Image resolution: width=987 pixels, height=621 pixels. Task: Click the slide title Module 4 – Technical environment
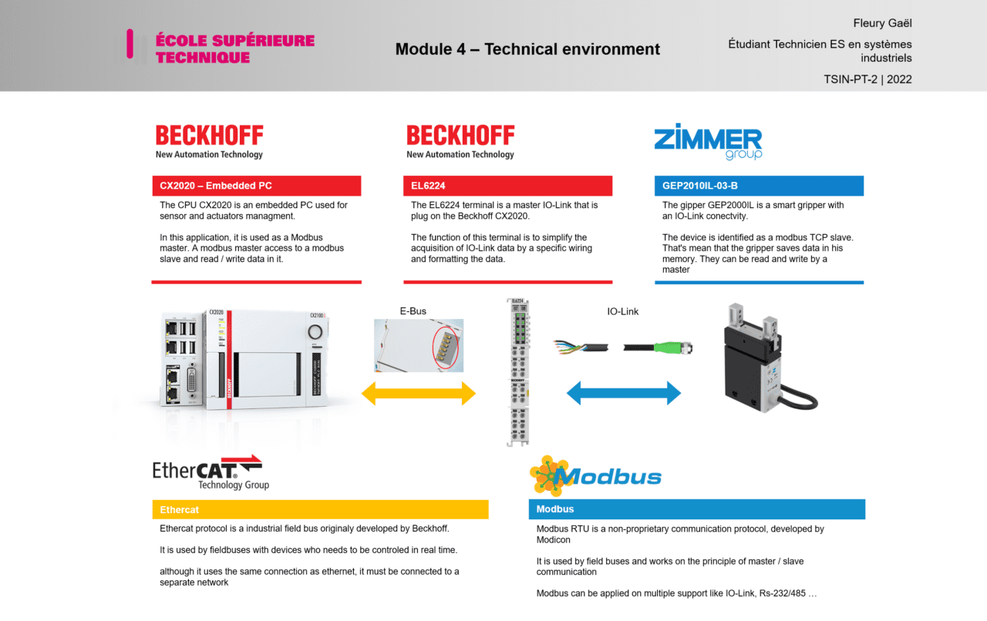(527, 49)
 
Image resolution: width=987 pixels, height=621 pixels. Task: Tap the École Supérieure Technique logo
(221, 48)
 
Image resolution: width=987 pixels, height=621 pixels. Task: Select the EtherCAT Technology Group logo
(211, 472)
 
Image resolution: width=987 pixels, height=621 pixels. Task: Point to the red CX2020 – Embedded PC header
(257, 186)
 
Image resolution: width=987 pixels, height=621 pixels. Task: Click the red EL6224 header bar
(507, 186)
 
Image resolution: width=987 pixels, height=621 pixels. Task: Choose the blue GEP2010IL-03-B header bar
(759, 186)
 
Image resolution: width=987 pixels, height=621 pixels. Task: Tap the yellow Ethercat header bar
(320, 509)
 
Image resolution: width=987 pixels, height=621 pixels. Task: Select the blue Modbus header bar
(696, 509)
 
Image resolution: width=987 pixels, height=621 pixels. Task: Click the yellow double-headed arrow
(419, 393)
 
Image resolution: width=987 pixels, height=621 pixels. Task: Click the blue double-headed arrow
(623, 393)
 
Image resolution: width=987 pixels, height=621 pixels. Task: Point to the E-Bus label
(413, 311)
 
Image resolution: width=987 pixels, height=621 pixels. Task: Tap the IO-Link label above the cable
(622, 312)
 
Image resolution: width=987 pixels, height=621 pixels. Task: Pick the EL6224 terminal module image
(517, 371)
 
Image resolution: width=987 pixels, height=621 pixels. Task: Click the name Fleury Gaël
(882, 24)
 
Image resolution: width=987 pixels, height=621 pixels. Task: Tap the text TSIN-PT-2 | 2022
(867, 79)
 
